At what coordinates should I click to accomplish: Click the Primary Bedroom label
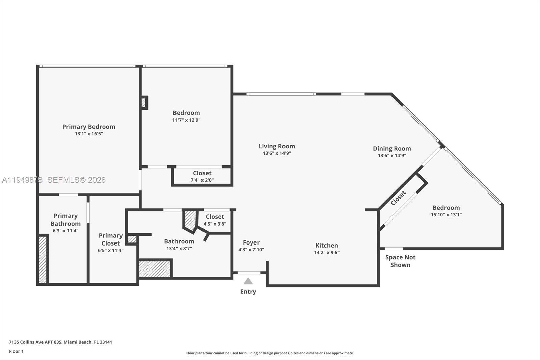(x=89, y=127)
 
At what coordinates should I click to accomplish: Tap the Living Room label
(x=277, y=146)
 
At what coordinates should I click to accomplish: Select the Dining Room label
(x=392, y=148)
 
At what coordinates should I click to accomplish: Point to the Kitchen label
(x=327, y=246)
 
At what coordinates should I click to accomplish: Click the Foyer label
(x=251, y=242)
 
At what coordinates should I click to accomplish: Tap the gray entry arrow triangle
(x=248, y=281)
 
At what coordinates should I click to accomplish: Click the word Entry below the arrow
(x=248, y=292)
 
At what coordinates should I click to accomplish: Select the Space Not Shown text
(x=400, y=261)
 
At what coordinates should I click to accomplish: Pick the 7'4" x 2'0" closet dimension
(x=202, y=180)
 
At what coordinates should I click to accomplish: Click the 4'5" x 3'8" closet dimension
(x=215, y=224)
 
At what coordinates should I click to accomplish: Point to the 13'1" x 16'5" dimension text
(x=89, y=134)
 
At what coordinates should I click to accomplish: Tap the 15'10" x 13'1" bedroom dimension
(x=446, y=214)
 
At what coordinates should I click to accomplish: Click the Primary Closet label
(x=111, y=239)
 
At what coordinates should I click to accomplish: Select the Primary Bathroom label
(x=65, y=220)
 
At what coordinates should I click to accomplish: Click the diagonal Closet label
(x=398, y=198)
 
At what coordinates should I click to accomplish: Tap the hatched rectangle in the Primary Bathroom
(x=43, y=260)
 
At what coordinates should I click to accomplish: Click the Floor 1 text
(x=16, y=351)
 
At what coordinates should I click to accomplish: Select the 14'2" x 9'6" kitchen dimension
(x=327, y=252)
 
